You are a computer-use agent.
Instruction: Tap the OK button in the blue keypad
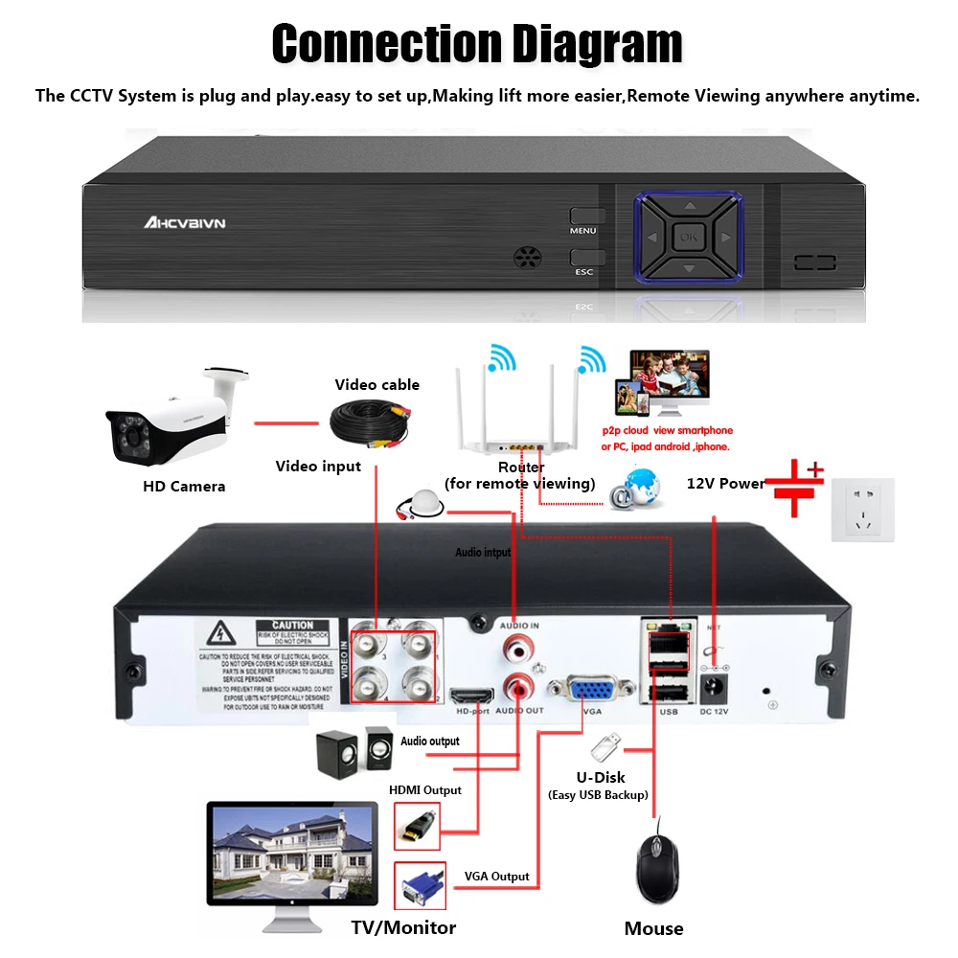click(687, 237)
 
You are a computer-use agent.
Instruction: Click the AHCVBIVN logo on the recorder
click(185, 222)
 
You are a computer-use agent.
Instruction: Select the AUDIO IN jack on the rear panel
click(518, 649)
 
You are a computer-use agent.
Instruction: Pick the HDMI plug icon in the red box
click(418, 825)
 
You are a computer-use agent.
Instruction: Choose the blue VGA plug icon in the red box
click(420, 886)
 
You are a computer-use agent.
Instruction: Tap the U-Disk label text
click(600, 777)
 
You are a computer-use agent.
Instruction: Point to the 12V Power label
click(726, 483)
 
